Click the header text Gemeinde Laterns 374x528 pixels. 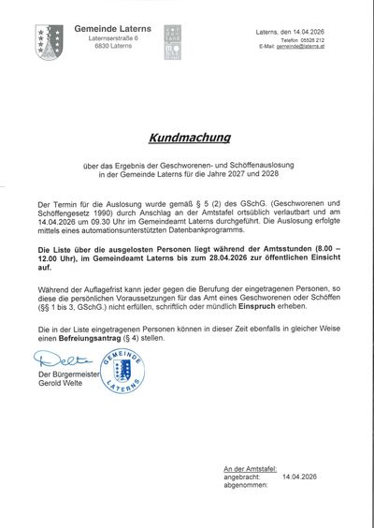(x=111, y=30)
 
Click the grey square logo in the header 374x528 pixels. (x=172, y=42)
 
